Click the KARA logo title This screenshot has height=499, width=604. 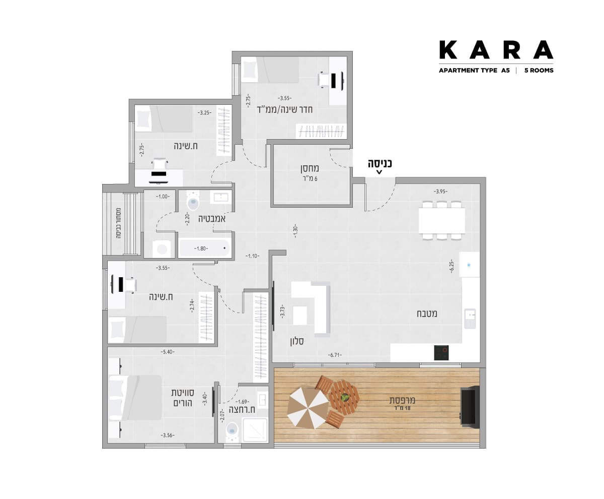click(x=496, y=49)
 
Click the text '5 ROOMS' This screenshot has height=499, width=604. click(x=539, y=71)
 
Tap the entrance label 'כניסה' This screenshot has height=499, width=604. click(x=380, y=164)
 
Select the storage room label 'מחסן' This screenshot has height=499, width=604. click(x=310, y=168)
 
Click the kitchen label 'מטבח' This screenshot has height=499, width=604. click(x=427, y=314)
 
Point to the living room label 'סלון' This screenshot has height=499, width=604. click(x=297, y=341)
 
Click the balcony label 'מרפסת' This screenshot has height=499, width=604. click(x=402, y=400)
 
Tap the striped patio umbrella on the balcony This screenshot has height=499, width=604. click(x=308, y=409)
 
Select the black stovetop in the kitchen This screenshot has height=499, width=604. click(x=441, y=353)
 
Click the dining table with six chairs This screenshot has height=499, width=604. click(x=442, y=221)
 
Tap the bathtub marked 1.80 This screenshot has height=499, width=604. click(x=204, y=248)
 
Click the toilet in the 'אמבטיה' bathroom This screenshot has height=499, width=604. click(x=193, y=200)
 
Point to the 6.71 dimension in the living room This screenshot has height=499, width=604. click(x=335, y=355)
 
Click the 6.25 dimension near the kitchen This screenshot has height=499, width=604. click(x=451, y=266)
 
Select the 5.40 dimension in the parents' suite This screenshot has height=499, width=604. click(x=168, y=352)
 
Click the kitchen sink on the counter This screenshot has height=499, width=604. click(x=470, y=319)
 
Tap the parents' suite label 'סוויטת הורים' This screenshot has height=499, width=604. click(x=183, y=398)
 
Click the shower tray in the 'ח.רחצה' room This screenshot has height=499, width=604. click(x=255, y=430)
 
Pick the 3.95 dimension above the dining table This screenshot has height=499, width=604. click(x=440, y=191)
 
